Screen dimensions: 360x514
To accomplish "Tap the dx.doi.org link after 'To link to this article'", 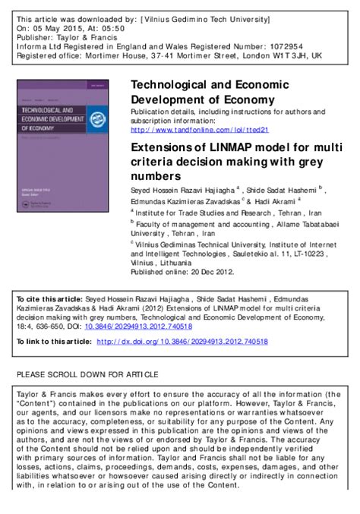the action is pos(182,342).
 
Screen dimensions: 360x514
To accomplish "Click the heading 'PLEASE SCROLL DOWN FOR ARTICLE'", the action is pos(87,375).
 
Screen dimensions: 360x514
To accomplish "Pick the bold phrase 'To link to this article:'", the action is pos(52,342).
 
